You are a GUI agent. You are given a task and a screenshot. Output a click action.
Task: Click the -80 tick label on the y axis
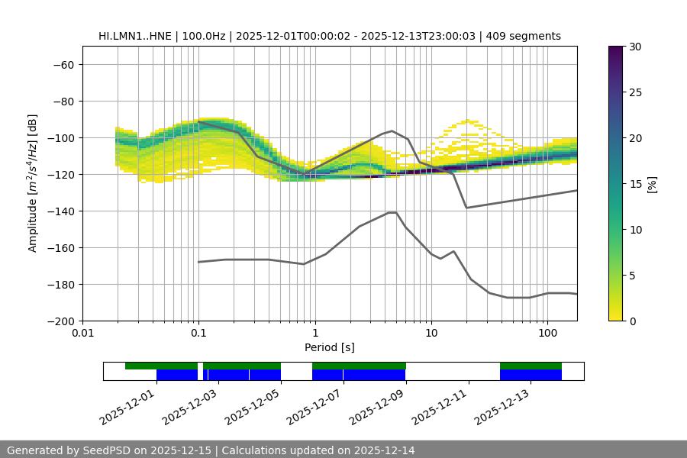[x=62, y=101]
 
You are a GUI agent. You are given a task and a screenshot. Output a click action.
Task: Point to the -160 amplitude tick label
[x=60, y=247]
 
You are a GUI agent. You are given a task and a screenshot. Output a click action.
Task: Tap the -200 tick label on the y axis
[x=60, y=321]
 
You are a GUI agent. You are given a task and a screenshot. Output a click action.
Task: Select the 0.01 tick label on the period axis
[x=82, y=334]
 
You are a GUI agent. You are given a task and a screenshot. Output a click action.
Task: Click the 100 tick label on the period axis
[x=547, y=334]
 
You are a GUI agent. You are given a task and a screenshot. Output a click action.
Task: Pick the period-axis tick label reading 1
[x=314, y=334]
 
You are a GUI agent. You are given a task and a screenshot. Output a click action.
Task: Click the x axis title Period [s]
[x=329, y=347]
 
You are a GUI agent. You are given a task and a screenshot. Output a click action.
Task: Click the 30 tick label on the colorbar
[x=635, y=47]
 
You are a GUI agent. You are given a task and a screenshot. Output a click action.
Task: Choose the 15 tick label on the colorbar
[x=635, y=184]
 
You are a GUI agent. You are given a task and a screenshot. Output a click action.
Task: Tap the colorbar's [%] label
[x=652, y=184]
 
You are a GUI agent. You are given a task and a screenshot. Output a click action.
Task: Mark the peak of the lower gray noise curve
[x=392, y=212]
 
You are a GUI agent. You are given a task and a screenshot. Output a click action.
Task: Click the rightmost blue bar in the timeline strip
[x=531, y=375]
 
